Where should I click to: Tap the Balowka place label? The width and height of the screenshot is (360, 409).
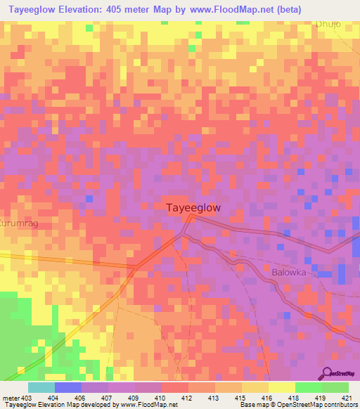click(288, 271)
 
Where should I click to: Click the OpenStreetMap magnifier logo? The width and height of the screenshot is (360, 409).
click(326, 374)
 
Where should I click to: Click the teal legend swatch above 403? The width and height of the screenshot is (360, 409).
click(41, 387)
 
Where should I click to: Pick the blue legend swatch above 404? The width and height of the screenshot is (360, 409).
click(68, 387)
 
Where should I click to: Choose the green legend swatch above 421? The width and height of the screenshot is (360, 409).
click(335, 387)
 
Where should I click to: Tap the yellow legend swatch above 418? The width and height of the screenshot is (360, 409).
click(282, 387)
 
